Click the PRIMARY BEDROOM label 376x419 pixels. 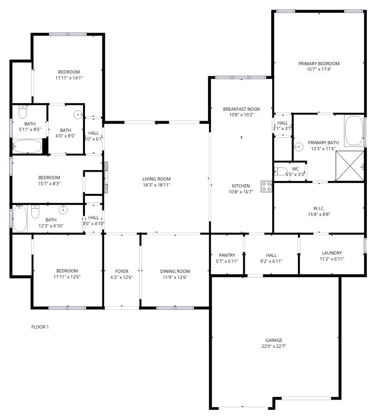pos(319,63)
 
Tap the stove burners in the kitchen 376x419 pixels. pos(266,186)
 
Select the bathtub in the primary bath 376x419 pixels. pos(354,130)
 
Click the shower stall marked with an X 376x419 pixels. pos(350,166)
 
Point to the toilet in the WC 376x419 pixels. pos(281,171)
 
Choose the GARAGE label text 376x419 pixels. pos(274,340)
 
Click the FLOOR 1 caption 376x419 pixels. pos(40,327)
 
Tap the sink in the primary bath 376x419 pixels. pos(298,147)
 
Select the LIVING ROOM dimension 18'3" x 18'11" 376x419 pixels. pos(157,185)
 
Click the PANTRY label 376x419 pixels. pos(227,255)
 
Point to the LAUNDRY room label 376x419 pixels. pos(331,253)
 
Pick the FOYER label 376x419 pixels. pos(122,271)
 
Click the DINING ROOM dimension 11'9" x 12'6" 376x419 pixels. pos(175,277)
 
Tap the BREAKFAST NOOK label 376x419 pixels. pos(241,109)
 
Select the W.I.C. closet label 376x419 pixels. pos(319,208)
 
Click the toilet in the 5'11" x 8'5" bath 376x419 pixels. pos(23,112)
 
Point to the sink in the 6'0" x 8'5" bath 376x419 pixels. pos(78,115)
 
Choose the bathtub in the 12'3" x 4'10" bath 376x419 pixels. pos(20,218)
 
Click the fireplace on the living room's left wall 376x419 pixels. pos(106,177)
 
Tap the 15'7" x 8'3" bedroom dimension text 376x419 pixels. pos(49,184)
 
